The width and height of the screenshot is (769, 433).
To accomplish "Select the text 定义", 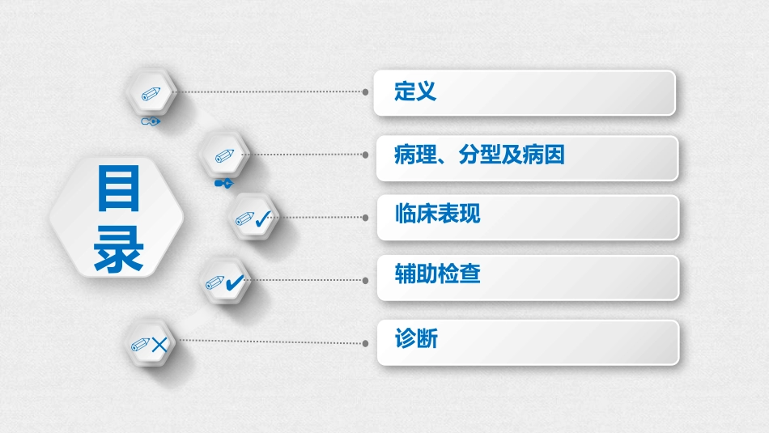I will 416,91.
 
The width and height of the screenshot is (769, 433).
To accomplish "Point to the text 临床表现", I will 438,214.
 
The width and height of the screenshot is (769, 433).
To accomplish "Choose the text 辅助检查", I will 438,274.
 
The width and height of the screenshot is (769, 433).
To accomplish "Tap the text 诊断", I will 416,338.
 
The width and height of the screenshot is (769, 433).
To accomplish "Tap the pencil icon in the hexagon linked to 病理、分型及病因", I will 224,155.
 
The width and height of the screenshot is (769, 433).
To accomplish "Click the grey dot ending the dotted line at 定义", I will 366,92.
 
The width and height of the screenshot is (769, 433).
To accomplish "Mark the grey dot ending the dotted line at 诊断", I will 366,342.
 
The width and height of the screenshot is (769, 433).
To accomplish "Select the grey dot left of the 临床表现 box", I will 366,218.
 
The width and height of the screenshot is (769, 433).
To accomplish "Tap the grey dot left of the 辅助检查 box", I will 366,279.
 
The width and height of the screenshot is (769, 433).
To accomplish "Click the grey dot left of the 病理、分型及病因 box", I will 366,155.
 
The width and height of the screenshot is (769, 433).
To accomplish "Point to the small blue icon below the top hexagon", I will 150,121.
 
